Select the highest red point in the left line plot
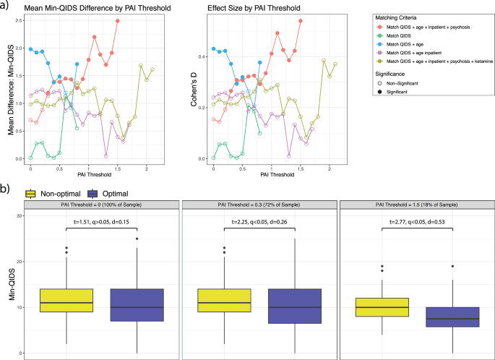(117, 21)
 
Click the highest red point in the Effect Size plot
(301, 21)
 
